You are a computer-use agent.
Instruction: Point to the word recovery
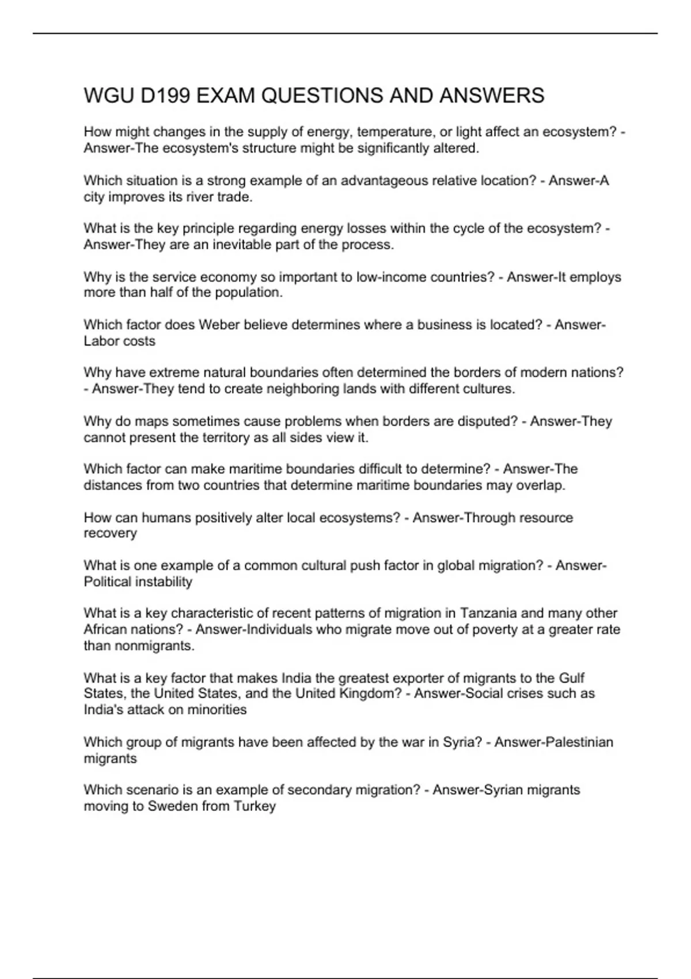(x=110, y=533)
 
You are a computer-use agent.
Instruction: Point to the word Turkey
(x=255, y=806)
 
